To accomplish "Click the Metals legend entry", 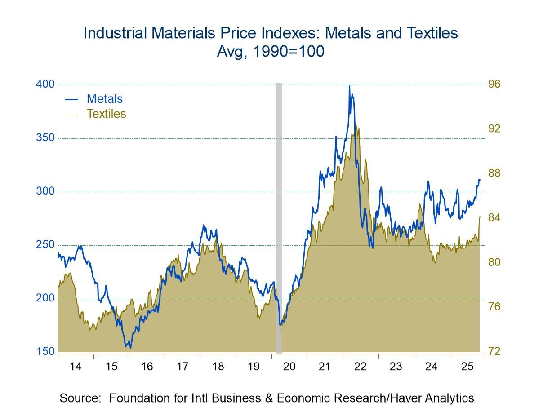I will [104, 99].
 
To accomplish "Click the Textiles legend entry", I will [106, 114].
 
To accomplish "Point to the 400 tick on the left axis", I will [45, 84].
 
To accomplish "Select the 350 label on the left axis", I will [45, 138].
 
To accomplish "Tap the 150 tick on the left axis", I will [45, 351].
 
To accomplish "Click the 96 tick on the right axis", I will [494, 84].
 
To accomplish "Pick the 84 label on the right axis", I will [494, 218].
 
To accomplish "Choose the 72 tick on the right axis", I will [494, 351].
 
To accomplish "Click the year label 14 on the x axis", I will [76, 367].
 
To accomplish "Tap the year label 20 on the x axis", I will [289, 367].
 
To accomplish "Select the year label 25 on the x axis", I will [467, 367].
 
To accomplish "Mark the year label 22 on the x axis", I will [361, 367].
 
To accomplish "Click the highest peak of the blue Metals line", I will [349, 86].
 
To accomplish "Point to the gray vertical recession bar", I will [279, 216].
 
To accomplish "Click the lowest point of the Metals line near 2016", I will [130, 348].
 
